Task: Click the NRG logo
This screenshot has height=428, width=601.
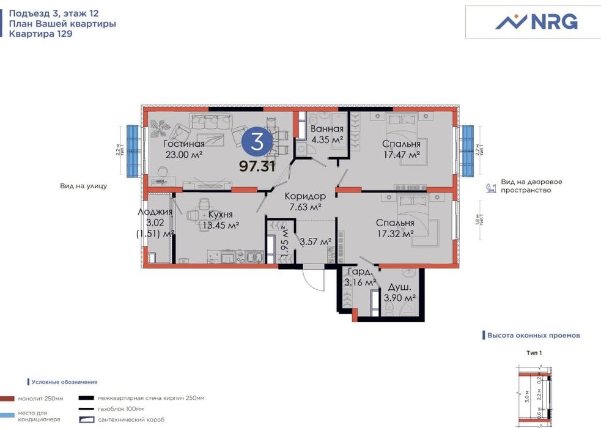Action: [536, 22]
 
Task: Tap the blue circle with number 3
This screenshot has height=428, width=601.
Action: [257, 142]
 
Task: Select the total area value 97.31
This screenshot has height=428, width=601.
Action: [257, 165]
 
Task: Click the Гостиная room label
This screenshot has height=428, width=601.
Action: [183, 144]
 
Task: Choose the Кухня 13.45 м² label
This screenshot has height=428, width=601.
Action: [219, 220]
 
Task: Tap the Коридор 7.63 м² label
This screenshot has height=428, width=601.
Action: [305, 201]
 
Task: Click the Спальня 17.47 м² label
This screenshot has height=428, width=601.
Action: [401, 149]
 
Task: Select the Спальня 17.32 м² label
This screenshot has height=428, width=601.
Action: [395, 229]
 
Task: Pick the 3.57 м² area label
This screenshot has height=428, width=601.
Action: [315, 242]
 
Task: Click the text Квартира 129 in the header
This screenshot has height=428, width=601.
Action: [40, 34]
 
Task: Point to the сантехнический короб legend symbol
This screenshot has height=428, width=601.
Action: [87, 419]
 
